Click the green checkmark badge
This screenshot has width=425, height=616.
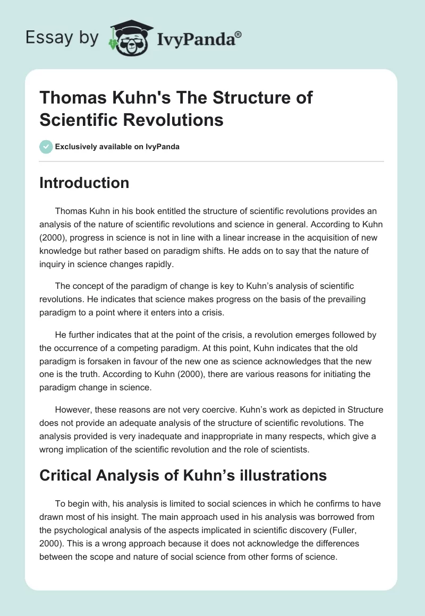[x=46, y=147]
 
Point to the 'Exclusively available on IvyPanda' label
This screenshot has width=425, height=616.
[x=117, y=147]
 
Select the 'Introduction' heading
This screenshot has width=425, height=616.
[x=84, y=183]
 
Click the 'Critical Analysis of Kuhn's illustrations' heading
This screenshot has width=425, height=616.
[x=183, y=475]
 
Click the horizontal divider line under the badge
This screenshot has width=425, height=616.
[x=212, y=161]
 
